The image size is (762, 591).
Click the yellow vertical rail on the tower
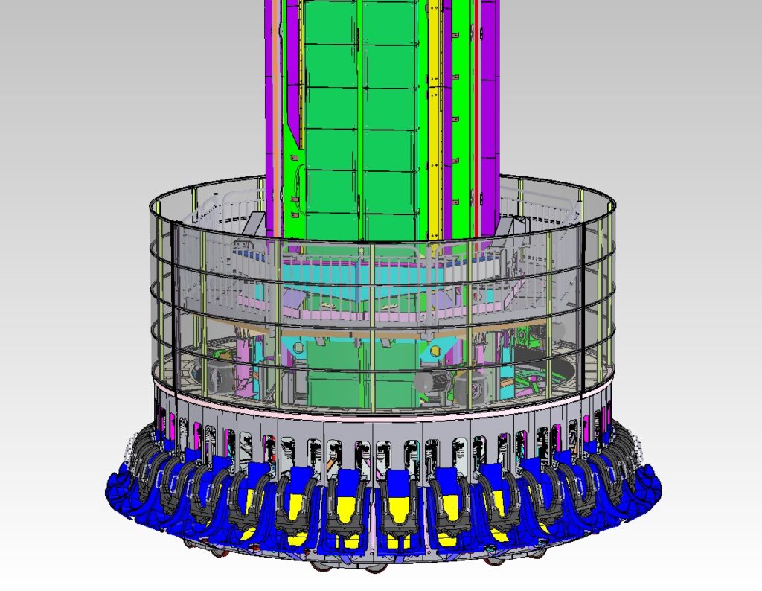(433, 112)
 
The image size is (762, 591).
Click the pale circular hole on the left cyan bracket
(298, 348)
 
